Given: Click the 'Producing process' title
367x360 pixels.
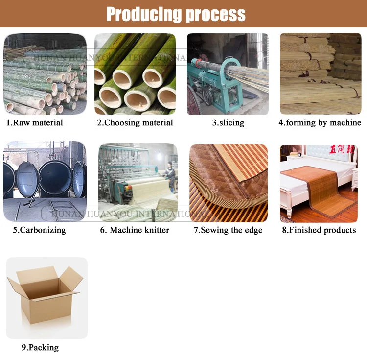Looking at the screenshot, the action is (x=176, y=14).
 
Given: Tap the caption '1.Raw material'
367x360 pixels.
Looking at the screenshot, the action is (x=34, y=122).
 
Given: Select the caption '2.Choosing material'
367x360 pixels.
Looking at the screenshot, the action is (x=135, y=122).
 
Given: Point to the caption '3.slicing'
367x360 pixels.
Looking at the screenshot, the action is (x=228, y=122).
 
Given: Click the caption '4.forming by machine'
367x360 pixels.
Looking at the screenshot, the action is (x=320, y=122).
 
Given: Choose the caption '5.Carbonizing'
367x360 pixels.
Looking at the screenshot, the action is (x=39, y=230).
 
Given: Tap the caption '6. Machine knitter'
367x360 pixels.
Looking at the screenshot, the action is (x=135, y=230).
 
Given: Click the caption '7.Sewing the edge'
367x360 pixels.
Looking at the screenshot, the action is (x=228, y=230).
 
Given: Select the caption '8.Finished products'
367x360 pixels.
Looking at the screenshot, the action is (x=319, y=230).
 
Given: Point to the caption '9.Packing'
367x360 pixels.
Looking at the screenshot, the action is (x=40, y=347).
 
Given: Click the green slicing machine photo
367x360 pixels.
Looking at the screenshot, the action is (x=228, y=74).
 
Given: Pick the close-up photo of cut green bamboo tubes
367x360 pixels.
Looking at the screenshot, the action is (x=135, y=74).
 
